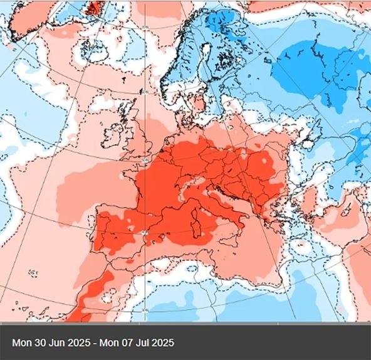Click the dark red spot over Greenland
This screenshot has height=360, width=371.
pos(95,7)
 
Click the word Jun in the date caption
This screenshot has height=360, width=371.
pos(55,343)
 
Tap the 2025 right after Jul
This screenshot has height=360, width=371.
pos(159,343)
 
